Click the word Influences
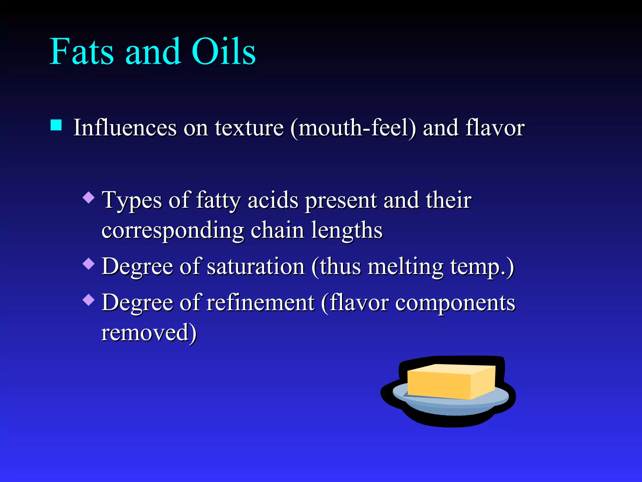coord(125,128)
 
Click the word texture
coord(249,128)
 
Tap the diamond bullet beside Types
coord(89,198)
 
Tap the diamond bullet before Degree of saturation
coord(89,264)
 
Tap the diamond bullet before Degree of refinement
coord(89,300)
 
